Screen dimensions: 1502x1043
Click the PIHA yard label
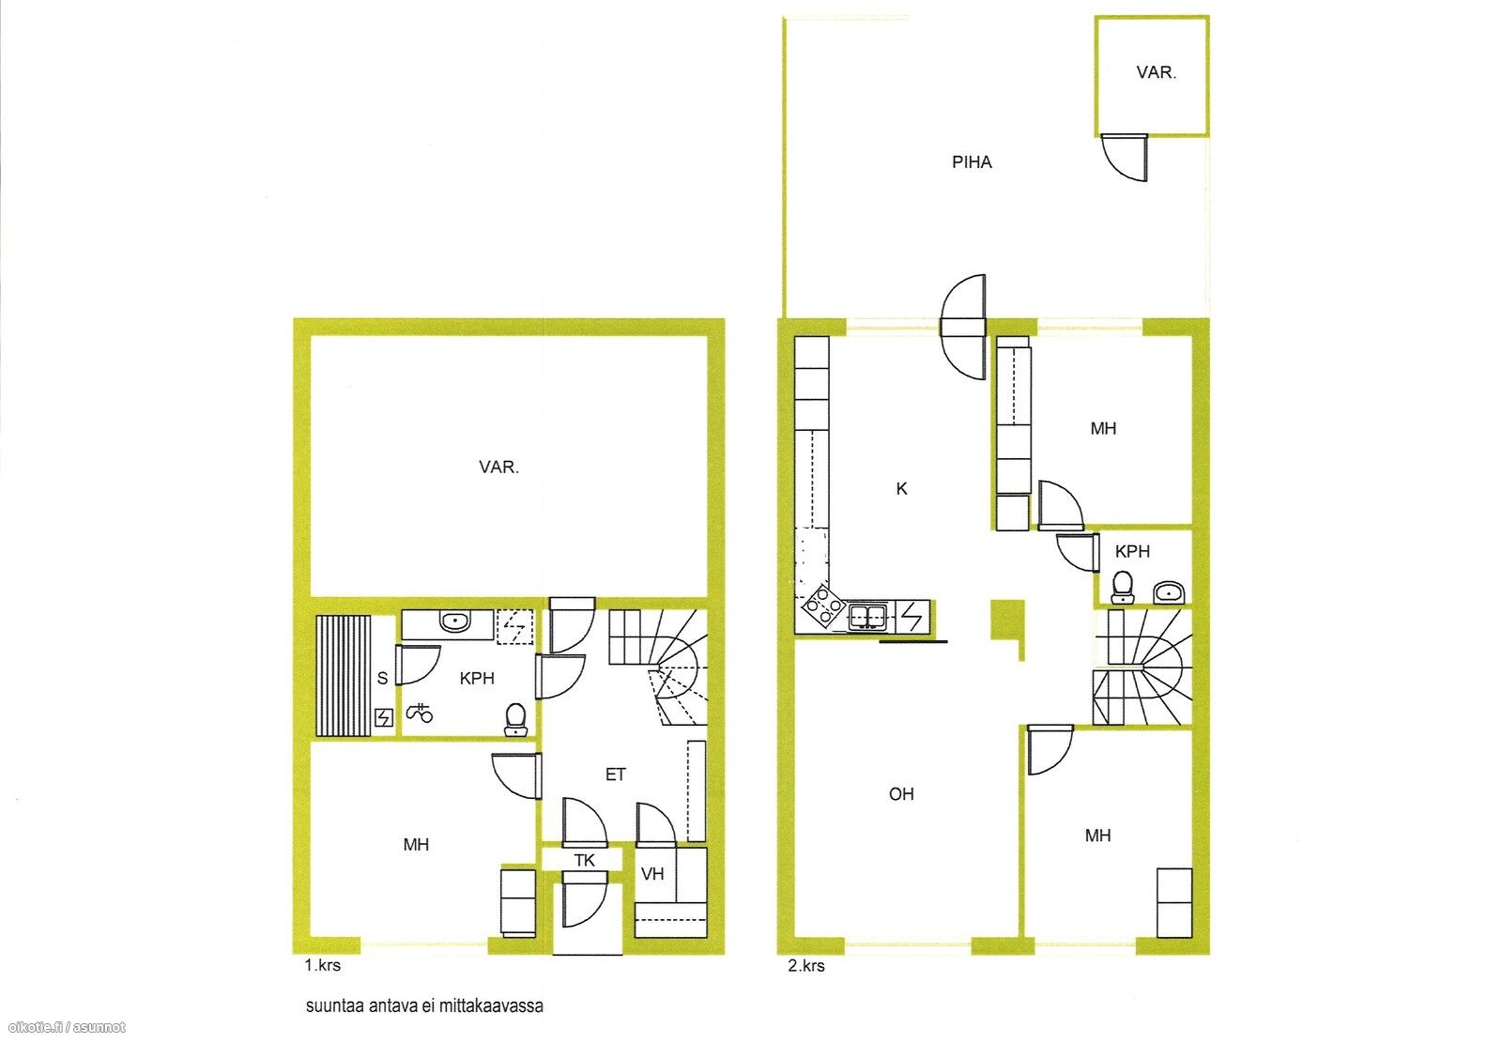coord(972,162)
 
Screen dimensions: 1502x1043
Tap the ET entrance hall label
coord(616,775)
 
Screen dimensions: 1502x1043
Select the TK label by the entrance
coord(584,861)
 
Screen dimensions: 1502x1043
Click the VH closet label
coord(652,874)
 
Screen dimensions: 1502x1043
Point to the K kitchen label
coord(901,489)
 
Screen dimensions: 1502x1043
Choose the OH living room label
coord(901,794)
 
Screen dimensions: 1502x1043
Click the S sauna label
coord(382,678)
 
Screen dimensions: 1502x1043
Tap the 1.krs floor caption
coord(323,966)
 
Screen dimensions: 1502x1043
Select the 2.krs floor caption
coord(806,966)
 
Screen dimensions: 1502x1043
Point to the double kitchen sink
coord(867,618)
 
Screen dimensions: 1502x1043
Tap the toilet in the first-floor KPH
coord(515,719)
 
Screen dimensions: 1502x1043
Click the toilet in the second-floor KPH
coord(1122,588)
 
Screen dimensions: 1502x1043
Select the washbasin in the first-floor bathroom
coord(455,621)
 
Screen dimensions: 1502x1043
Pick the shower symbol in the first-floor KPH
coord(420,713)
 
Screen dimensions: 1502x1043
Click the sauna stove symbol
coord(383,718)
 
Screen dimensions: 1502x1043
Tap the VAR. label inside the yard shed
coord(1156,72)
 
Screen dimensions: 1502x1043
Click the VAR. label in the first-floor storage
coord(498,468)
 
